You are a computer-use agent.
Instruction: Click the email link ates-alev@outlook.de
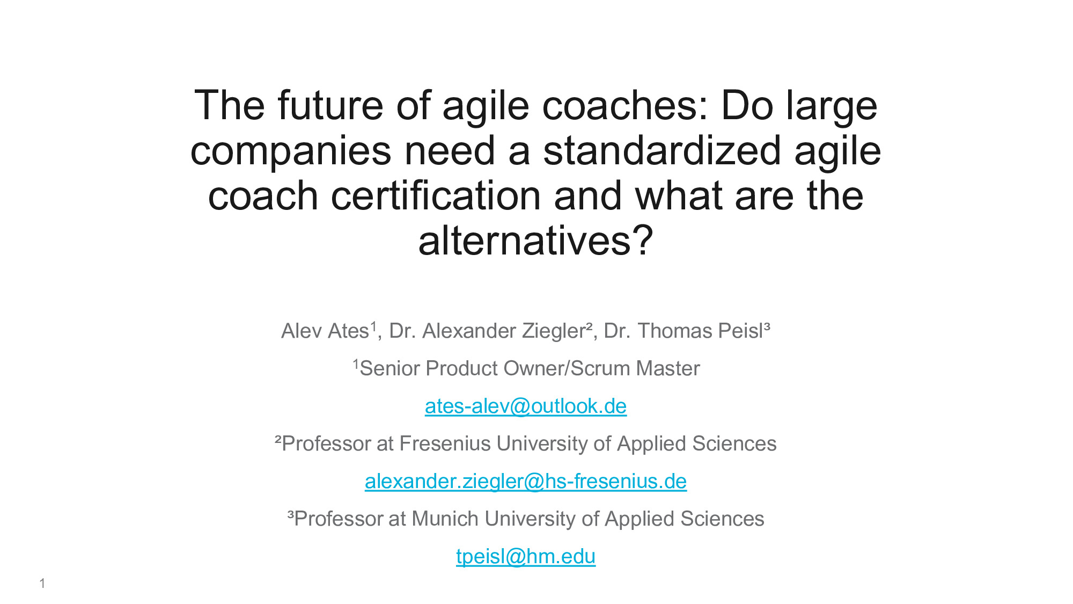[x=526, y=406]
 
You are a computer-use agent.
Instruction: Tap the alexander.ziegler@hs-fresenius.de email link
[x=526, y=482]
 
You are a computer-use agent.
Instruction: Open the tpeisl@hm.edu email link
[x=526, y=557]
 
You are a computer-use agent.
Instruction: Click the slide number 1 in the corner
[x=42, y=584]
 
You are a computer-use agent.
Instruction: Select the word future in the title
[x=330, y=105]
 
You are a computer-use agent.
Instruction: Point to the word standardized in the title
[x=662, y=150]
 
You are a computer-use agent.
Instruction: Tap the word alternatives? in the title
[x=535, y=241]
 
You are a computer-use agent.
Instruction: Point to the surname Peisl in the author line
[x=740, y=331]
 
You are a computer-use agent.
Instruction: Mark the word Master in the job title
[x=667, y=369]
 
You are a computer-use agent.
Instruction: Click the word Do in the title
[x=747, y=105]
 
